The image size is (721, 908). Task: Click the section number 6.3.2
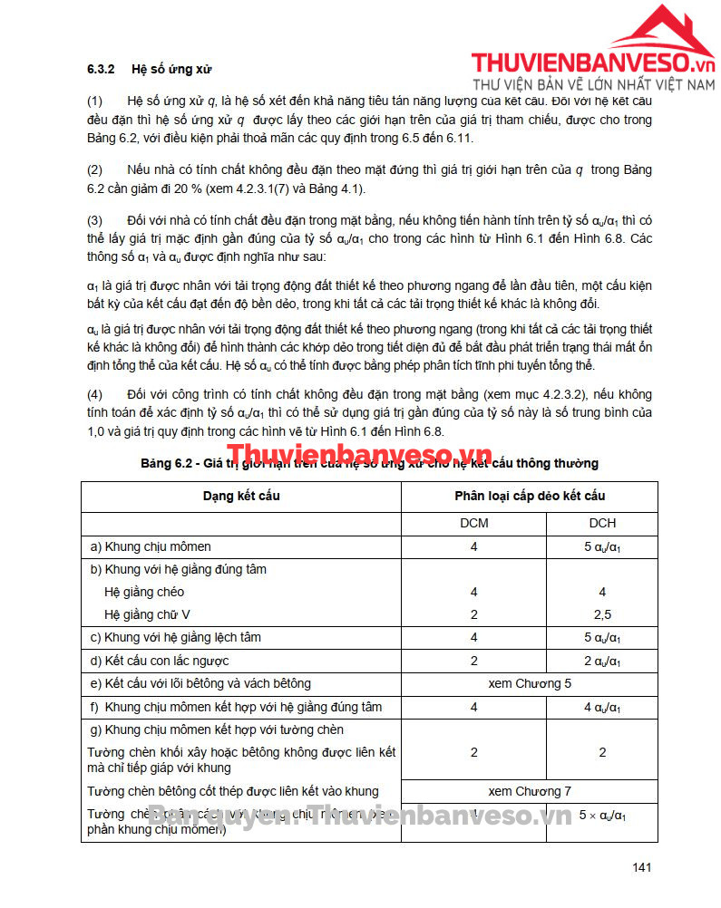(x=99, y=69)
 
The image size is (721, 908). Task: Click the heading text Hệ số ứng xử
(x=171, y=69)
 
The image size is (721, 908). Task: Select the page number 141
(x=642, y=867)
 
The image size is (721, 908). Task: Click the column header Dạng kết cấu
(x=241, y=497)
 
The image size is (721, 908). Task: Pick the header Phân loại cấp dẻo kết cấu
(x=530, y=497)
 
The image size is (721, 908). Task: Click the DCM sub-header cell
(x=473, y=524)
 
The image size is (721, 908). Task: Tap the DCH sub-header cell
(x=602, y=524)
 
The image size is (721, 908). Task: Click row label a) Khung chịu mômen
(x=151, y=546)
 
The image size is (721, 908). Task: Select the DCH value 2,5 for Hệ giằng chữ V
(x=602, y=614)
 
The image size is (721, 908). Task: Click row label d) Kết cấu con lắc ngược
(x=160, y=661)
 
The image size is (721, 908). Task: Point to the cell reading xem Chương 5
(x=530, y=683)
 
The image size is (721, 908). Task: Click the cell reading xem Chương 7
(x=530, y=791)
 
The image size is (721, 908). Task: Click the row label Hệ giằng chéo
(x=144, y=592)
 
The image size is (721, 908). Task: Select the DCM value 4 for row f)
(x=473, y=707)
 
